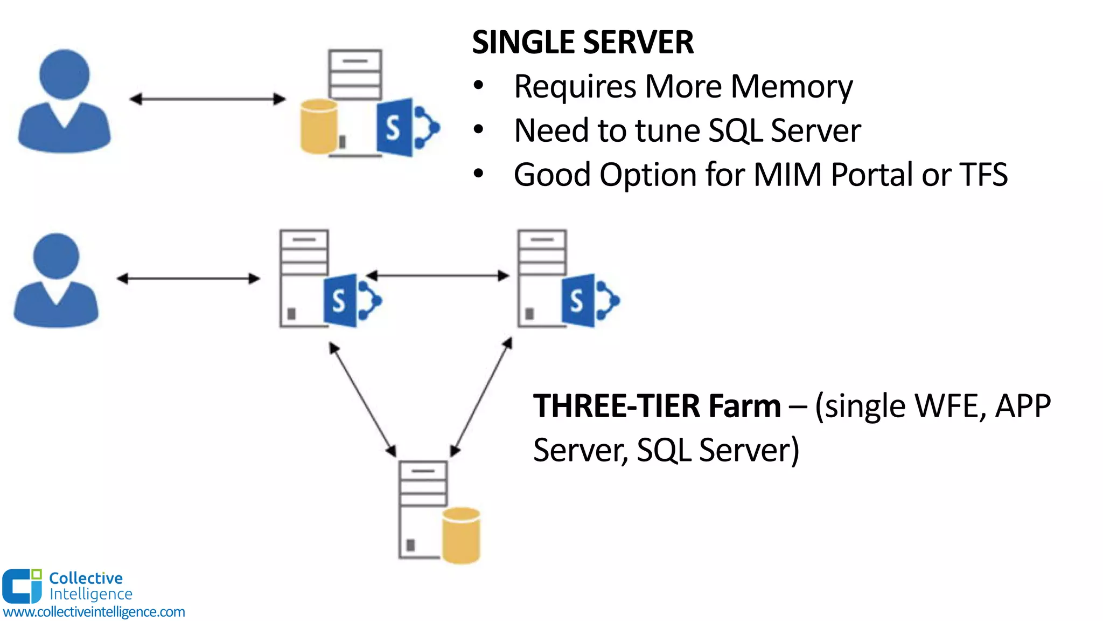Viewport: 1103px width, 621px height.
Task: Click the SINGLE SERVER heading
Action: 583,42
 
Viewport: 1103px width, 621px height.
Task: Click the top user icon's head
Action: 64,74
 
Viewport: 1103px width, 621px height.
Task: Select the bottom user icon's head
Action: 56,256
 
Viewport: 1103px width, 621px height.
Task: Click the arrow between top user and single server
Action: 207,99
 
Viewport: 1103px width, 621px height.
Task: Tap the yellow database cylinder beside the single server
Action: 319,126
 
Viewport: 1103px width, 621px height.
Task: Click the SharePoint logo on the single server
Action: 405,128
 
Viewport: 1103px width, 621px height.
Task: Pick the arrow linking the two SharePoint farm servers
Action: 438,275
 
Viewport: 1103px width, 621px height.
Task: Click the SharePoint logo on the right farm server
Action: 588,300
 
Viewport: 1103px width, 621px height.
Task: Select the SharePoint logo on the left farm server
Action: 350,300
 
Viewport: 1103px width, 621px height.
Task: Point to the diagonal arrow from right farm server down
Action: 481,397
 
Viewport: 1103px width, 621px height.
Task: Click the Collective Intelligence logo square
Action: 22,586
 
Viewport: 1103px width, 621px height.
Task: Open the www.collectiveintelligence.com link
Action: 94,612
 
